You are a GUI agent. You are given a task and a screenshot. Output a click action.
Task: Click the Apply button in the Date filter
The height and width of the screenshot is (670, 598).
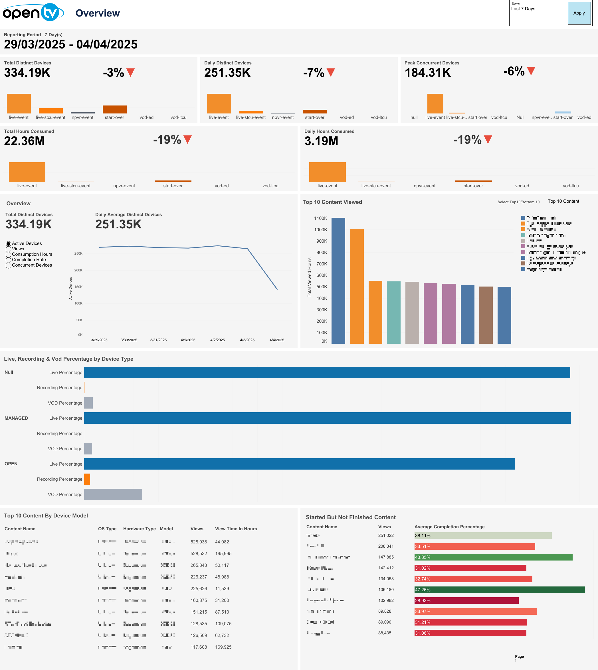click(x=579, y=13)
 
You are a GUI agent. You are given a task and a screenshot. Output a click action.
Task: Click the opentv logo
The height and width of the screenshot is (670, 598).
click(x=33, y=13)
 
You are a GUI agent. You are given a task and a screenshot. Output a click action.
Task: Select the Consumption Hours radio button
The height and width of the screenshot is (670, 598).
click(x=9, y=254)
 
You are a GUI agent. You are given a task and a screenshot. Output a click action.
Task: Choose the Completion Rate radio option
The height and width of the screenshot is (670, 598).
click(x=9, y=260)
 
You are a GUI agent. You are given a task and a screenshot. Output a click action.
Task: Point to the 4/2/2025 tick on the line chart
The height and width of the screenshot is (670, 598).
click(x=217, y=340)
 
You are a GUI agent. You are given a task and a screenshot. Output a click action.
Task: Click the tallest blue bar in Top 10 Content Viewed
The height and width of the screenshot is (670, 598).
click(x=338, y=281)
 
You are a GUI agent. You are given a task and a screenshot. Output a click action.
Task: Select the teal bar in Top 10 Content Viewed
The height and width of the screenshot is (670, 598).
click(x=393, y=312)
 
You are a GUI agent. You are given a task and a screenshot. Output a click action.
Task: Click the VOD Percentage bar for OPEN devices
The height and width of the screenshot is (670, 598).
click(x=113, y=494)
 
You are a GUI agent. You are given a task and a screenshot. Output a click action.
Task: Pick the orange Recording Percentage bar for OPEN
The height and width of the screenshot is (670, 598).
click(x=87, y=479)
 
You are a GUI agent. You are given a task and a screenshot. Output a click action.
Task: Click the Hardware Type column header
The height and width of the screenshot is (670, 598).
click(x=139, y=529)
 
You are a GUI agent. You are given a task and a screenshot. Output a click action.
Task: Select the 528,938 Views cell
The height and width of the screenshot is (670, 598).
click(x=199, y=542)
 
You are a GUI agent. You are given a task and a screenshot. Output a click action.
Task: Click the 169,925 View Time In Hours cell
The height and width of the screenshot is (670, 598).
click(x=223, y=647)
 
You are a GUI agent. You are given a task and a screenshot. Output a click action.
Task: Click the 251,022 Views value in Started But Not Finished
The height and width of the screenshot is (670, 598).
click(x=386, y=535)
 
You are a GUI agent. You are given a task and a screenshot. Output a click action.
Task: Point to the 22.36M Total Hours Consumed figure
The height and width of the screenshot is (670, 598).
click(x=24, y=141)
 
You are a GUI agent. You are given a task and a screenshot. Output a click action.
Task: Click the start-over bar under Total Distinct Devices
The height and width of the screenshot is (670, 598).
click(x=114, y=109)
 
